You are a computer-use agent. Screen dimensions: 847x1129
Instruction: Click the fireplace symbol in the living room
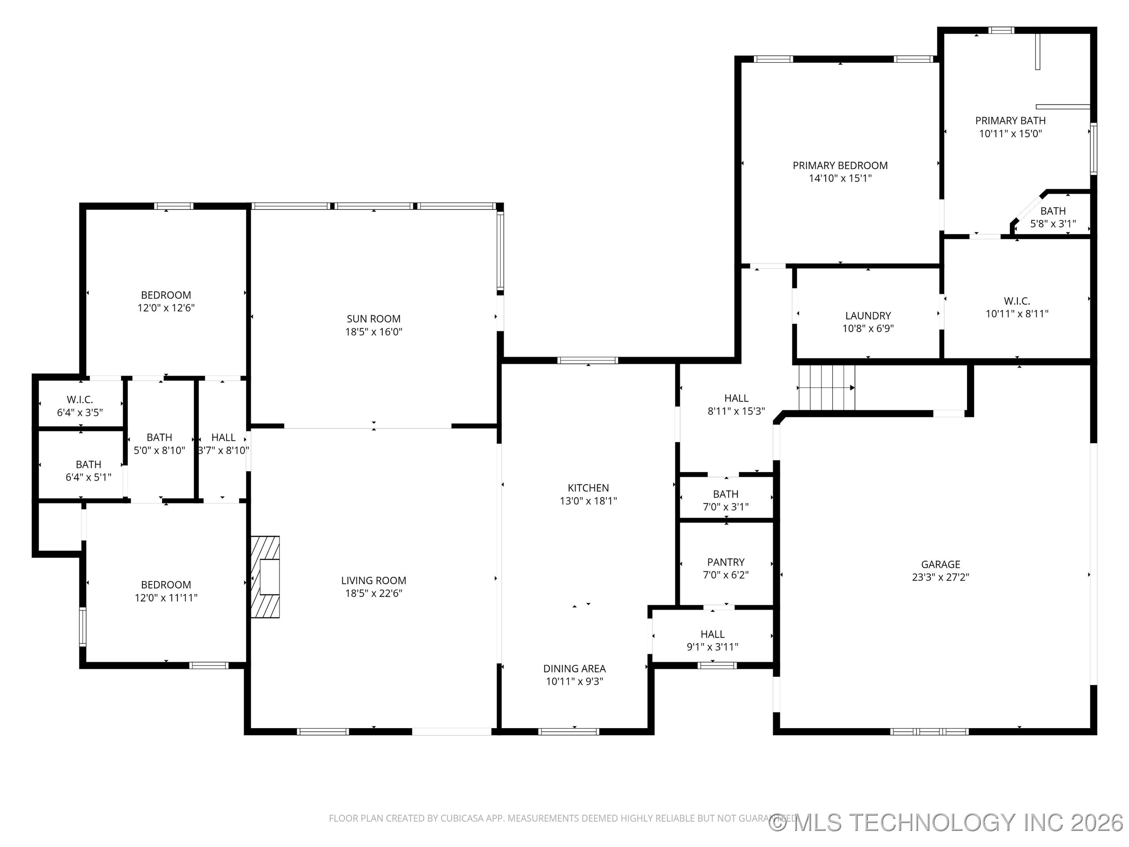tap(265, 576)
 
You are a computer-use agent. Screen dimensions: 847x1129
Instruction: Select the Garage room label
tap(940, 564)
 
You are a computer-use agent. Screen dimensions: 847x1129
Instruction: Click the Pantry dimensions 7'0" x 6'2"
tap(725, 575)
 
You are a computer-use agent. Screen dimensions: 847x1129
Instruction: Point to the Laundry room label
tap(868, 316)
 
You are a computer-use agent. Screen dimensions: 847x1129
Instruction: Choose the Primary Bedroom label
tap(840, 165)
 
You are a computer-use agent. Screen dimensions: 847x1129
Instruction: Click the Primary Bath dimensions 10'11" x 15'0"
tap(1010, 134)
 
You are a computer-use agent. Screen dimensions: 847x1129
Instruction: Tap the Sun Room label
tap(373, 318)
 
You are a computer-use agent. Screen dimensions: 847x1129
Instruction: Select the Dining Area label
tap(574, 668)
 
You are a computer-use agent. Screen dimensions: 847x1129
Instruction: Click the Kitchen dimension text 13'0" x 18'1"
tap(588, 501)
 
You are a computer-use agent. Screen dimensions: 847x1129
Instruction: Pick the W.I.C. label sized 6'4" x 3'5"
tap(80, 400)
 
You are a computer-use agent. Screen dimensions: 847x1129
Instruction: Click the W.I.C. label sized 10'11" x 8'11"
tap(1016, 301)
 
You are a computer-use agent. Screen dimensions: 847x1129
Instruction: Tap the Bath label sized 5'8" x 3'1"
tap(1053, 211)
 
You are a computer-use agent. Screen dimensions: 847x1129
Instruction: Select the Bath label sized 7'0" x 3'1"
tap(725, 494)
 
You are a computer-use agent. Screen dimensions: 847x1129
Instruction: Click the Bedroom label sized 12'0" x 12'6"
tap(166, 295)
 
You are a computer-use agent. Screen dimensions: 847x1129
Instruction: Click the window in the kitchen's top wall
tap(588, 360)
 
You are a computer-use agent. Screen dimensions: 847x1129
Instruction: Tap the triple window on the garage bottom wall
tap(929, 731)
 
